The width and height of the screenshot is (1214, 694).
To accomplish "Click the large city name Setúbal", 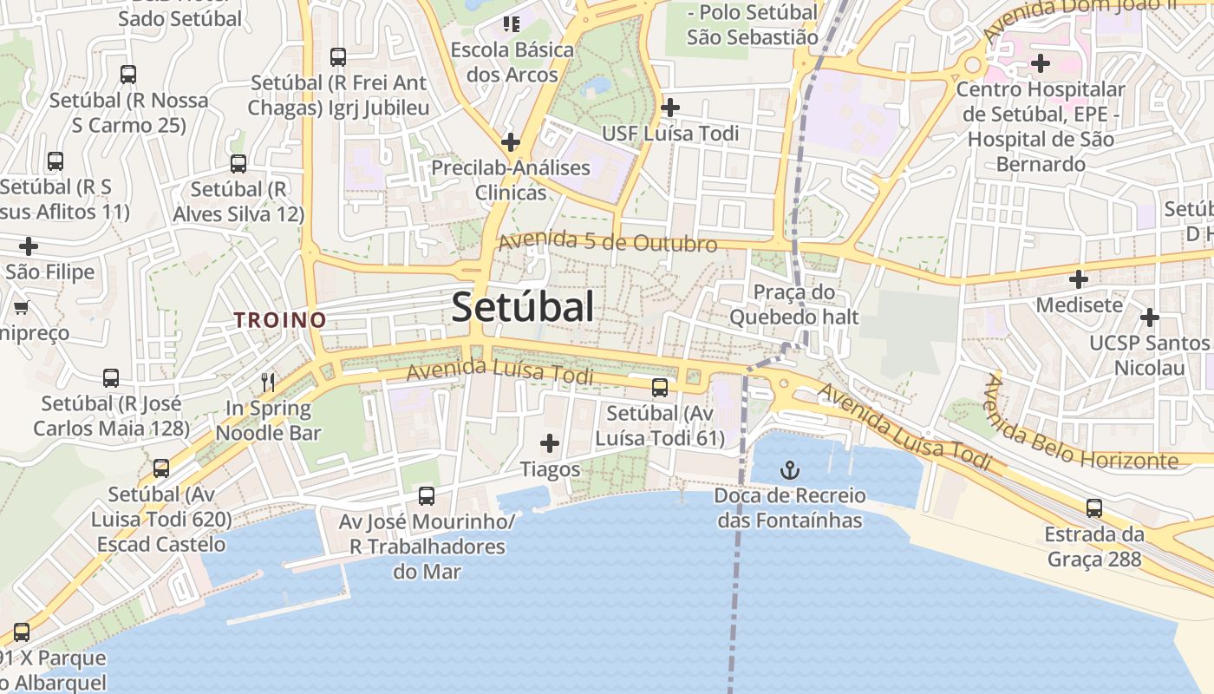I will click(523, 307).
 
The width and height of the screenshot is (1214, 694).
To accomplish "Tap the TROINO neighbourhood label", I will click(280, 320).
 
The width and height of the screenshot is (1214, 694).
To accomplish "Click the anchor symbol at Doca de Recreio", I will click(790, 471).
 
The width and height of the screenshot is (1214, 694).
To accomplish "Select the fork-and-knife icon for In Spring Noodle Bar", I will click(269, 382).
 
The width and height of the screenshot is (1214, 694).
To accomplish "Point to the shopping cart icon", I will click(22, 307).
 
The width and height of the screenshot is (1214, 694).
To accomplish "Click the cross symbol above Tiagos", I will click(550, 444).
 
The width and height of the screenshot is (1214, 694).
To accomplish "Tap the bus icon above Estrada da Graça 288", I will click(1094, 508).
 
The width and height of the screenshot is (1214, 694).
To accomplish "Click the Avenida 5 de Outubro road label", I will click(608, 242).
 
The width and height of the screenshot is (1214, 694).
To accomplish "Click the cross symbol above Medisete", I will click(1079, 279).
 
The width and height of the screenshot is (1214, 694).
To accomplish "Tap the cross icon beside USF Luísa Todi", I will click(670, 108).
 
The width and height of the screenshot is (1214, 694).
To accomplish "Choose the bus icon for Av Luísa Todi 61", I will click(660, 387).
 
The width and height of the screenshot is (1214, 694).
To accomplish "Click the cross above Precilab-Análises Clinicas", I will click(511, 141).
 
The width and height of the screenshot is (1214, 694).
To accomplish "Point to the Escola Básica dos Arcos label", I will click(512, 62).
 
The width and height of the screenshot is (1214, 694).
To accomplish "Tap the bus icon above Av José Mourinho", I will click(427, 496).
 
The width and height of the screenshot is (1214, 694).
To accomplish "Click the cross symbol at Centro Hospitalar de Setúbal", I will click(1041, 62).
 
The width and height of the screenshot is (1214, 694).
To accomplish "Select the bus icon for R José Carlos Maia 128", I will click(111, 378).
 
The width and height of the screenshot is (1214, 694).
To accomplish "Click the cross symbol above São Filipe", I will click(29, 246).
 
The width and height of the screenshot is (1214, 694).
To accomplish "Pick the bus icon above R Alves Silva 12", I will click(238, 163).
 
